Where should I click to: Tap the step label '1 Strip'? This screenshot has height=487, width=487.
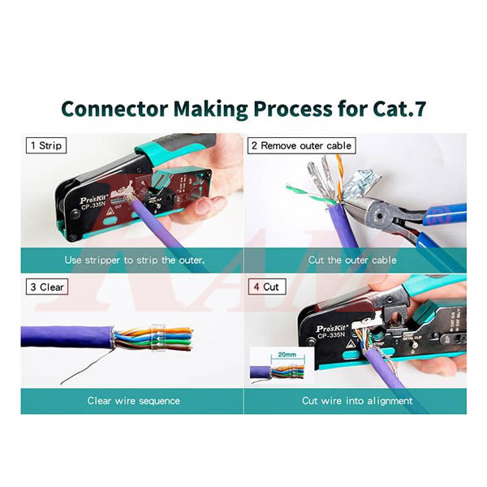pyautogui.click(x=47, y=146)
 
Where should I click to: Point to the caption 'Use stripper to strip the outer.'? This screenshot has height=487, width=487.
pyautogui.click(x=134, y=260)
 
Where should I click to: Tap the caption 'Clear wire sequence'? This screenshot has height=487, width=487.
pyautogui.click(x=134, y=400)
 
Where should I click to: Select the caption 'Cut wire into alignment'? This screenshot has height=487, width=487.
pyautogui.click(x=357, y=400)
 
